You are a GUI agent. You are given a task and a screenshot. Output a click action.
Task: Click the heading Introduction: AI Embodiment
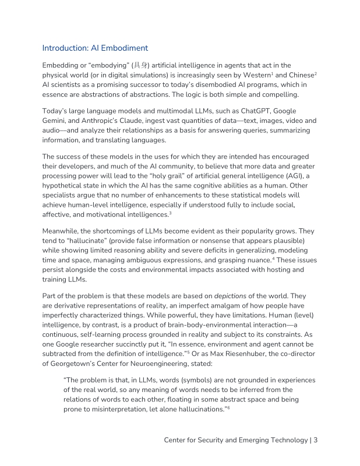point(96,48)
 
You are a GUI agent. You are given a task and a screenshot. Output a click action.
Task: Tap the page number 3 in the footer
point(315,440)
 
